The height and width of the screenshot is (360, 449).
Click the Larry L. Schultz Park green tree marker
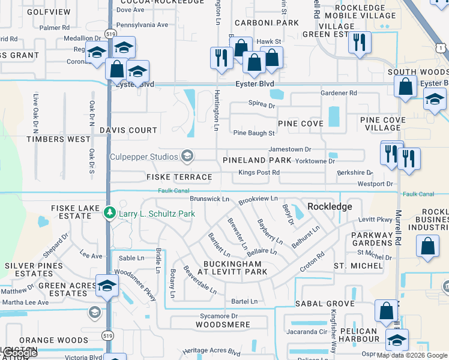tap(109, 213)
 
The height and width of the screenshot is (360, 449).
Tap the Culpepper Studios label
tap(143, 157)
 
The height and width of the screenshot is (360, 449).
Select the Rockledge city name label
tap(330, 206)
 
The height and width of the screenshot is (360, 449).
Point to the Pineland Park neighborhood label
tap(257, 160)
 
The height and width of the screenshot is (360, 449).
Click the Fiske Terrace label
tap(179, 177)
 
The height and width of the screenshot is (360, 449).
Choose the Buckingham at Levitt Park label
tap(232, 268)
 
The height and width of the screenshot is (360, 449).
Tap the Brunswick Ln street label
tap(209, 199)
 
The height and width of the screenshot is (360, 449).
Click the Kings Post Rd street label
tap(259, 173)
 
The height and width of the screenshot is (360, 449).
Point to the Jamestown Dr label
tap(291, 149)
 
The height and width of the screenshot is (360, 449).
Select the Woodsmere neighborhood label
tap(223, 325)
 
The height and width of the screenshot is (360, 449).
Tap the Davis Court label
tap(128, 130)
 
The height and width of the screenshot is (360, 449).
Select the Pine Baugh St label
tap(254, 133)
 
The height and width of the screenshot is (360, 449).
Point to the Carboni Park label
tap(267, 23)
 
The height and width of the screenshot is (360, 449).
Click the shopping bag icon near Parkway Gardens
tap(427, 247)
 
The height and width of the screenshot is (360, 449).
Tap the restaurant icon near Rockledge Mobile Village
tap(360, 42)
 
